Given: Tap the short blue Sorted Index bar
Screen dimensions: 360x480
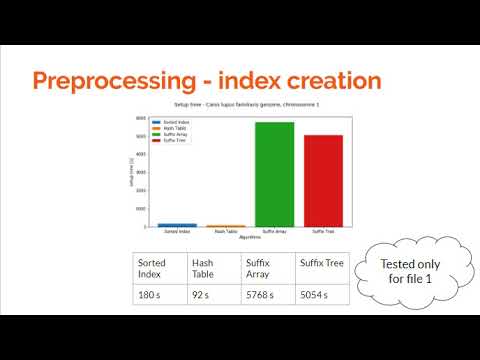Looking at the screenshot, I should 177,225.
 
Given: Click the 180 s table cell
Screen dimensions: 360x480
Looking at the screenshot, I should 158,294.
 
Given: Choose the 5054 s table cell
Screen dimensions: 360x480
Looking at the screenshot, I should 323,294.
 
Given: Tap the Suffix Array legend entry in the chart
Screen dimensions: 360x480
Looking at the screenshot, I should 176,135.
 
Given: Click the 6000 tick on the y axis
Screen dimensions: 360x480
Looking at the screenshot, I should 141,118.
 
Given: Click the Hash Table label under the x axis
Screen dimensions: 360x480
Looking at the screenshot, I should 226,232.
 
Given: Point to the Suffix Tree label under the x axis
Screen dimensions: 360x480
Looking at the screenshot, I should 323,232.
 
